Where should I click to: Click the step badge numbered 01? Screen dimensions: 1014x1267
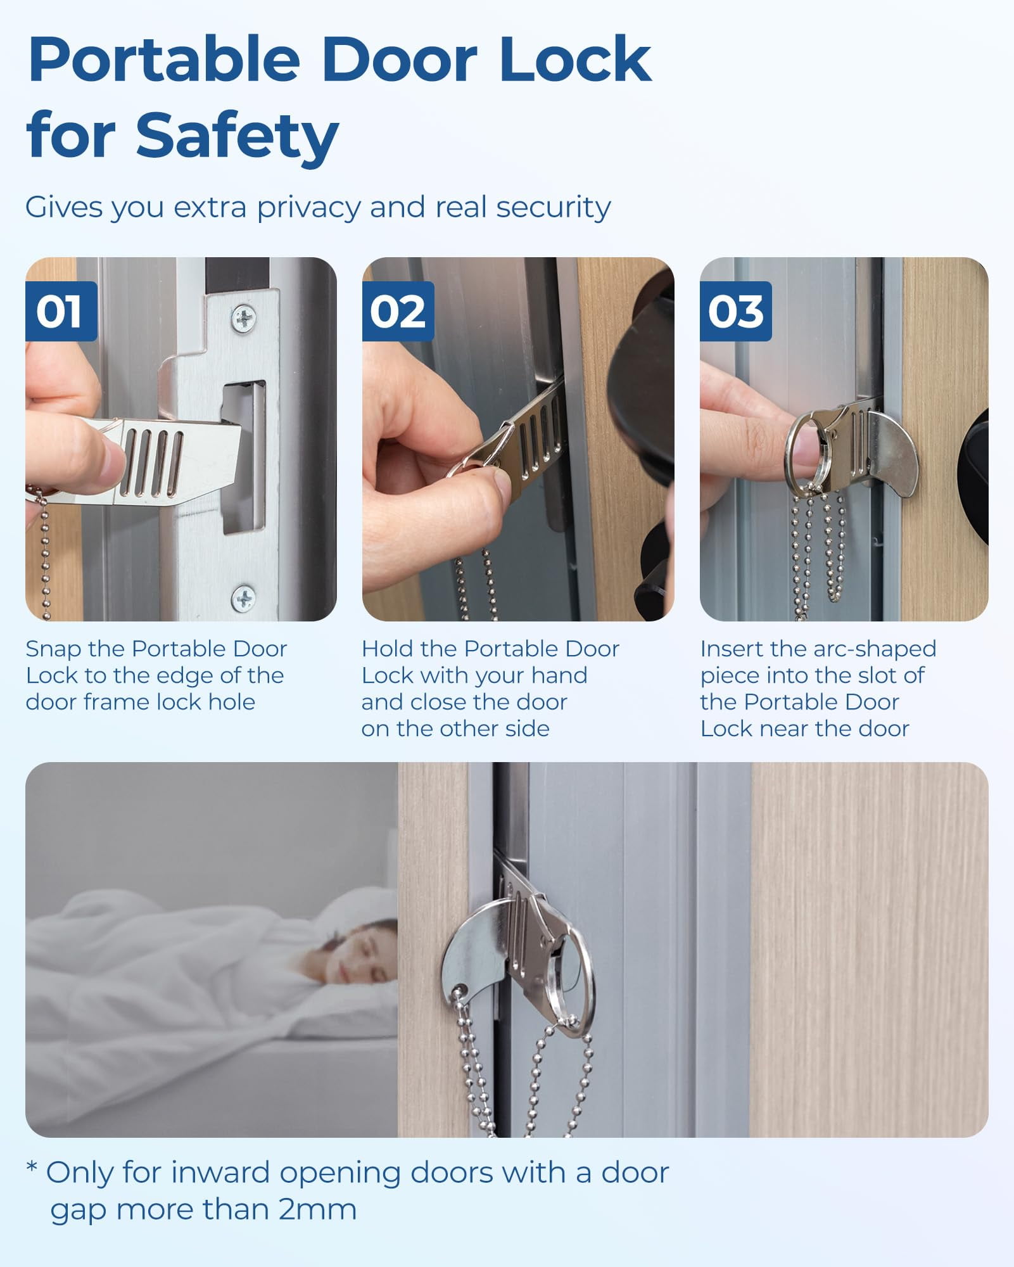click(61, 311)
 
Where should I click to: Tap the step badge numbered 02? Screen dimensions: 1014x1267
click(398, 311)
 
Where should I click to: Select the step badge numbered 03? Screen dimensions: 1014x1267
click(735, 311)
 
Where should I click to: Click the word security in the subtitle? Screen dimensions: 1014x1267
click(553, 207)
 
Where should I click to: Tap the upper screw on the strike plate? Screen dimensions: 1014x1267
click(244, 318)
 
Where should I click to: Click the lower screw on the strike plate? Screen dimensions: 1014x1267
click(243, 598)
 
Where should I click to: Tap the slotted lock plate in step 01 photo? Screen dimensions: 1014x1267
click(158, 459)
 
